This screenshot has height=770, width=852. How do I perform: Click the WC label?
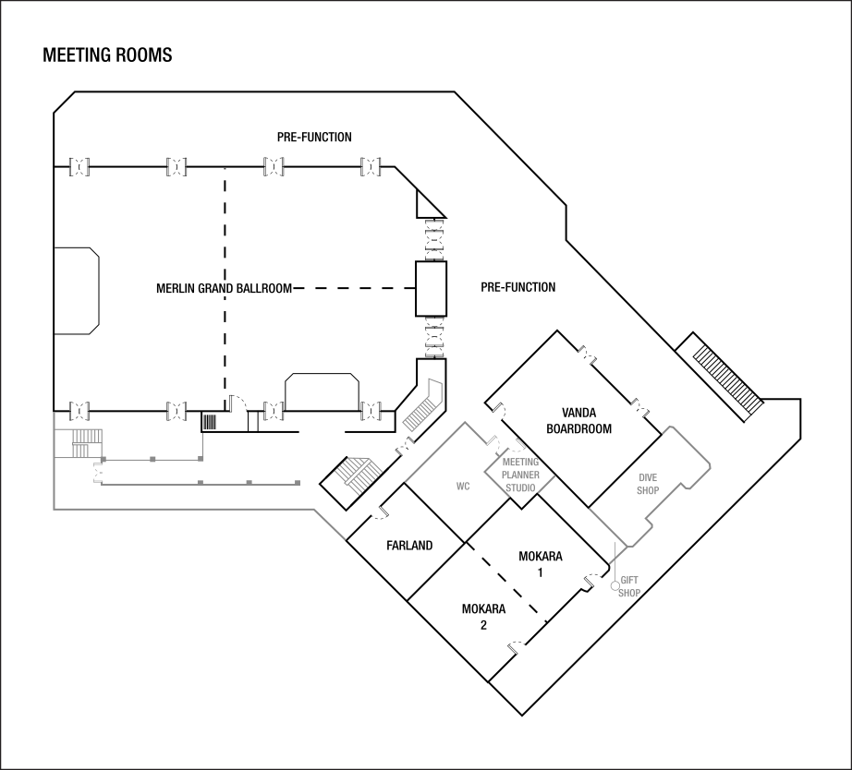click(463, 487)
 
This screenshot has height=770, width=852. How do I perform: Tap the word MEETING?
click(520, 463)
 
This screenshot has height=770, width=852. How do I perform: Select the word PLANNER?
click(520, 475)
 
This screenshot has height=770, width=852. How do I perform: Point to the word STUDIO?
click(520, 488)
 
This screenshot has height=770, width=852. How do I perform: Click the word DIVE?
click(648, 478)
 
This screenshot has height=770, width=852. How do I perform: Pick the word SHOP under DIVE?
click(648, 491)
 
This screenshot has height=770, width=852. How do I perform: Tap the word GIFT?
click(629, 581)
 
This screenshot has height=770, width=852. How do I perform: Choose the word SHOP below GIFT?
click(629, 594)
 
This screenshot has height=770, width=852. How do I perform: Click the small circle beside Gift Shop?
click(615, 586)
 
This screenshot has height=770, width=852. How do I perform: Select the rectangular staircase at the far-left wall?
click(87, 442)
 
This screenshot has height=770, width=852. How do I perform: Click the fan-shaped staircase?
click(359, 475)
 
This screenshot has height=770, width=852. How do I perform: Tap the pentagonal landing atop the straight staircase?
click(435, 391)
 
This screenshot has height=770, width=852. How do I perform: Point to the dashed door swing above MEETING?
click(510, 446)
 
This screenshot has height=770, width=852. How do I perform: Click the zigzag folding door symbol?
click(96, 471)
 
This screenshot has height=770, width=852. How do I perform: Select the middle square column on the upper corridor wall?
click(152, 459)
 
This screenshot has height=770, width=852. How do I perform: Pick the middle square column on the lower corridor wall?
click(249, 483)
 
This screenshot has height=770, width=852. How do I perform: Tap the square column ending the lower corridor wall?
click(298, 483)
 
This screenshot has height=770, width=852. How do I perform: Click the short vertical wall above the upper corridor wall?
click(201, 444)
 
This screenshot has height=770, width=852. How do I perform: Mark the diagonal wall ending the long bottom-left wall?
click(330, 524)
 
